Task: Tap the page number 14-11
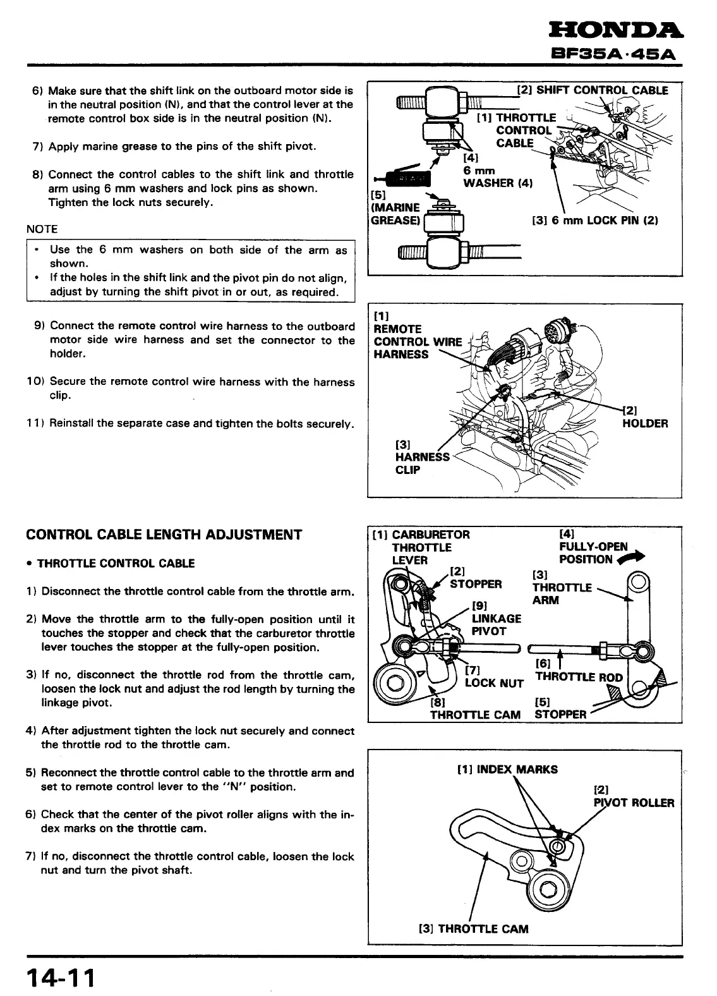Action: pyautogui.click(x=61, y=978)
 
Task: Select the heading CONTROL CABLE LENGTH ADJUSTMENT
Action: pyautogui.click(x=164, y=535)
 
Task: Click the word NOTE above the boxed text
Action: pyautogui.click(x=42, y=229)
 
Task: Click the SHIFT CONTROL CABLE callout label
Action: pyautogui.click(x=592, y=90)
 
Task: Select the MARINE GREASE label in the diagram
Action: pyautogui.click(x=395, y=214)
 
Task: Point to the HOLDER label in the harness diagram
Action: pyautogui.click(x=644, y=423)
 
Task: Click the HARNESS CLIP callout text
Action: pyautogui.click(x=422, y=457)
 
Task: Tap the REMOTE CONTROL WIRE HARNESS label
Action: pyautogui.click(x=418, y=342)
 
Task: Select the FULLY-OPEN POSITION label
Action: pyautogui.click(x=593, y=552)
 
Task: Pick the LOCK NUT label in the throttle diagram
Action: pyautogui.click(x=494, y=683)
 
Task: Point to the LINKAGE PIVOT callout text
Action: pyautogui.click(x=497, y=624)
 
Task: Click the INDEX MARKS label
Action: pyautogui.click(x=507, y=770)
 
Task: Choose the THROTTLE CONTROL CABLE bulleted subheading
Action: pyautogui.click(x=116, y=563)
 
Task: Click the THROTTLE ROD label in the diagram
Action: pyautogui.click(x=579, y=677)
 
